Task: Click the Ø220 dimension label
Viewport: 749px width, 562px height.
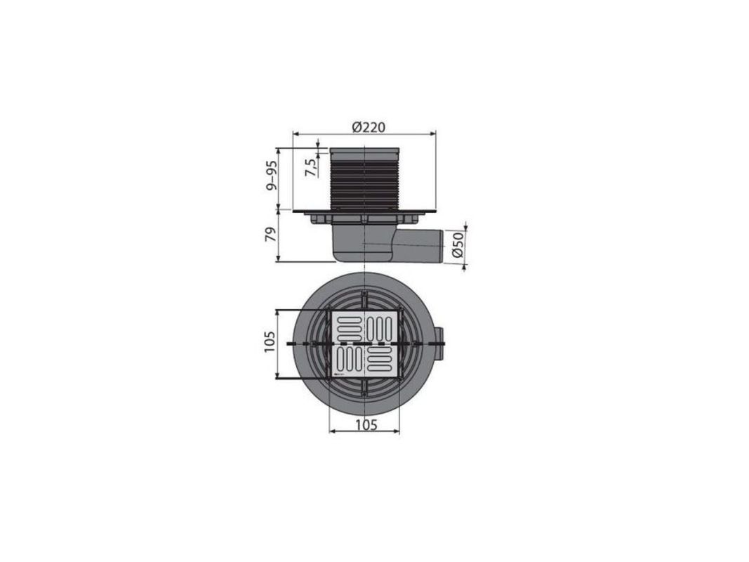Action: click(369, 127)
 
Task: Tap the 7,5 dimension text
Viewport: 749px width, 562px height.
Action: click(311, 167)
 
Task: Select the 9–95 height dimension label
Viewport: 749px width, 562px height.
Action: click(272, 176)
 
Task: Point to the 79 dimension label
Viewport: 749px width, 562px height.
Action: click(271, 235)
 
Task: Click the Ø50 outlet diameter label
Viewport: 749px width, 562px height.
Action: click(458, 245)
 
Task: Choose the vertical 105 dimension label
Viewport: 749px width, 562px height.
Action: click(269, 341)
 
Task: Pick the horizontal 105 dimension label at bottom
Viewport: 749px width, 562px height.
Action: click(366, 424)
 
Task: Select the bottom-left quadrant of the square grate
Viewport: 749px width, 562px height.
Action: click(348, 360)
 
